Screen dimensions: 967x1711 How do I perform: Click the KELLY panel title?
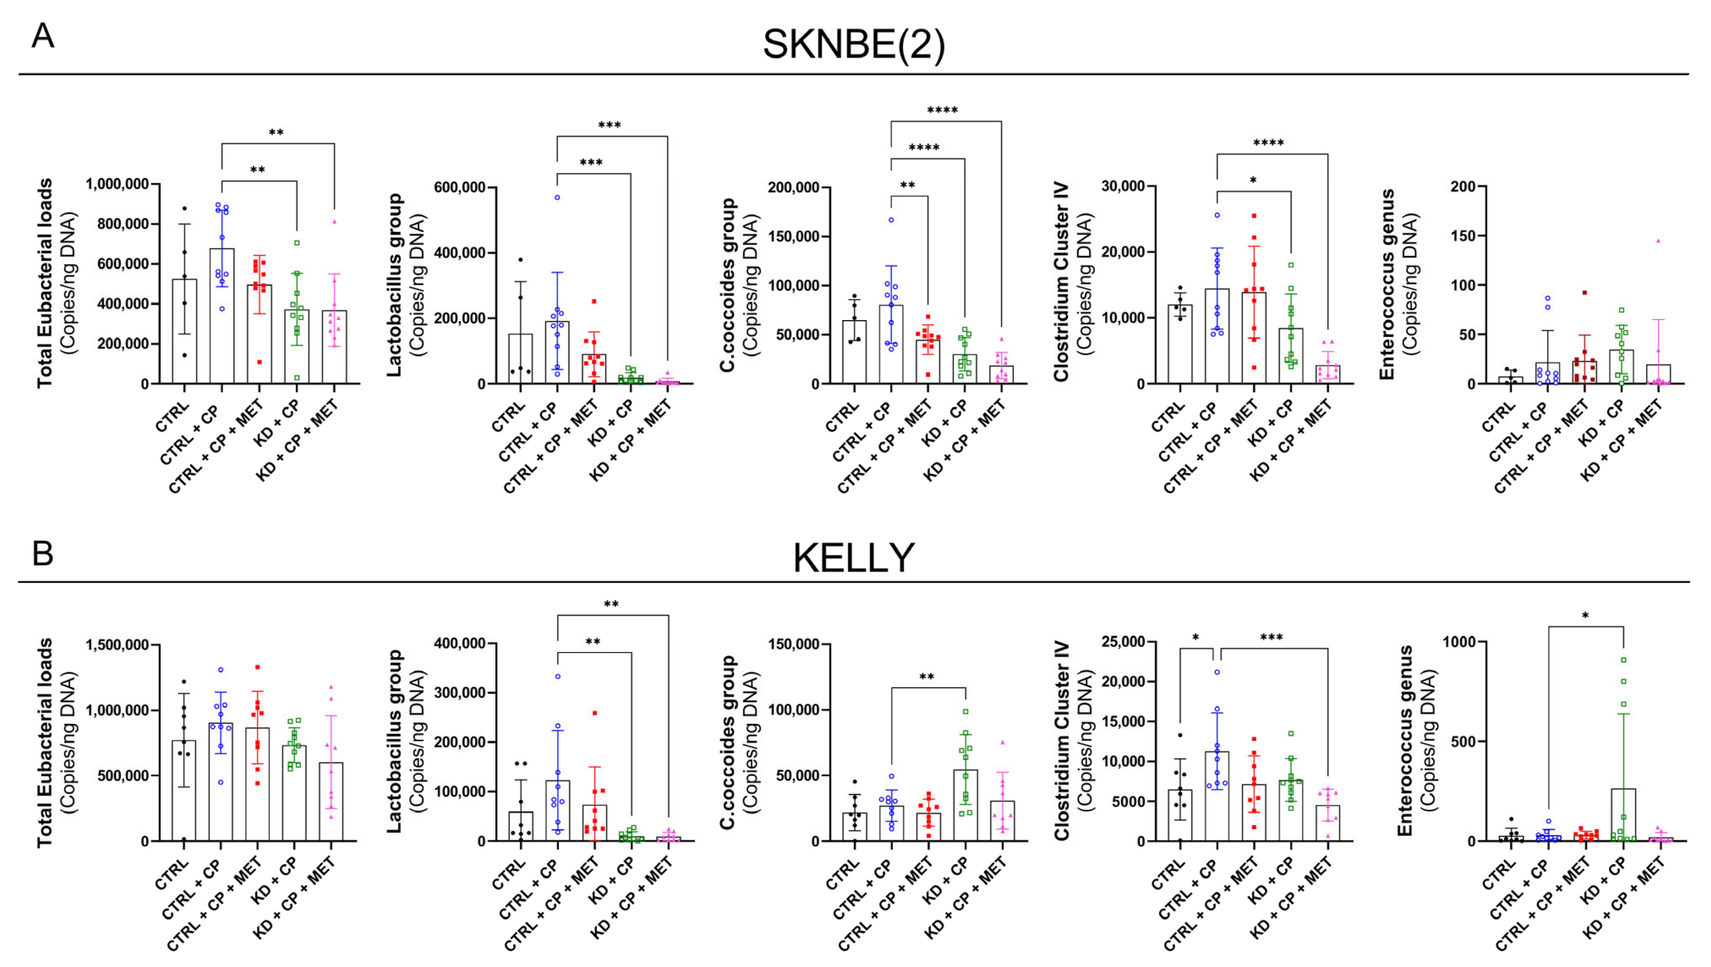pos(854,557)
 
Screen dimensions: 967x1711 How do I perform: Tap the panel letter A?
pos(43,35)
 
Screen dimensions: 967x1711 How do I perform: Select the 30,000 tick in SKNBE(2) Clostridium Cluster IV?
pos(1123,186)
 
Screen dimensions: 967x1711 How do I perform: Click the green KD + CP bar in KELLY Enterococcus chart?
pos(1623,814)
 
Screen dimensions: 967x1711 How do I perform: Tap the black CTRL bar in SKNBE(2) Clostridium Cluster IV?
pos(1180,344)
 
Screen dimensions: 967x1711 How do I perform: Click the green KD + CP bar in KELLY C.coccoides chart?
pos(965,805)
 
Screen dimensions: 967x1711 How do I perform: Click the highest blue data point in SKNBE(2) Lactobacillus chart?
pos(557,197)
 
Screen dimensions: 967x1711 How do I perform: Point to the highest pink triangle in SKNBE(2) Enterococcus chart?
pos(1658,241)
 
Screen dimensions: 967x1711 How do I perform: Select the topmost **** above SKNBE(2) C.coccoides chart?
pos(942,110)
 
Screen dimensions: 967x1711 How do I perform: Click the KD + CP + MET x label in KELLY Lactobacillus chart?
pos(634,900)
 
